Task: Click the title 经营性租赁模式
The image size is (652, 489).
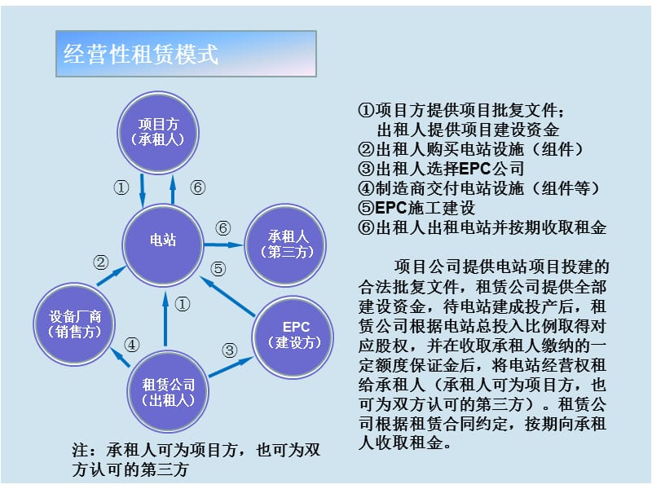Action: (x=141, y=54)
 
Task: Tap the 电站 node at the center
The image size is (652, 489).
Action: (x=163, y=240)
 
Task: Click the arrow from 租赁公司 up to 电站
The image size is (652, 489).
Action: (x=165, y=318)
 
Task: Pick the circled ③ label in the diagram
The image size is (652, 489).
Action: (x=230, y=350)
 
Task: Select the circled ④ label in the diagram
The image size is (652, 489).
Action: (x=131, y=344)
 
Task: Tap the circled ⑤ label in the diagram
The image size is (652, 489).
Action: (x=217, y=267)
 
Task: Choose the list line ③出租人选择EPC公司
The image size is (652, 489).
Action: (x=440, y=169)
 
